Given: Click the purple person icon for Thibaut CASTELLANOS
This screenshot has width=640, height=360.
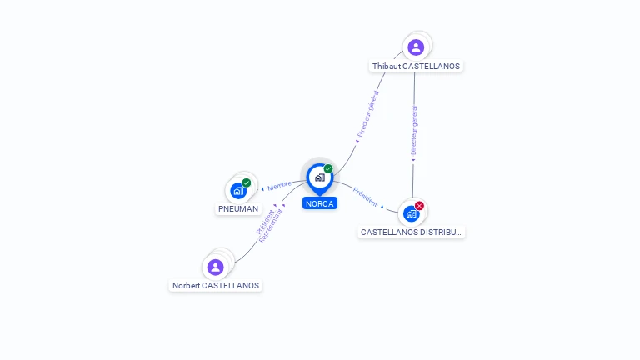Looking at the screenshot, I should tap(416, 47).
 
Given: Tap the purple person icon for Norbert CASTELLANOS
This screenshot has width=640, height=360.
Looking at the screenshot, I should tap(216, 267).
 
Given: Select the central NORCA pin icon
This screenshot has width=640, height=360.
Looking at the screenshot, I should tap(319, 177).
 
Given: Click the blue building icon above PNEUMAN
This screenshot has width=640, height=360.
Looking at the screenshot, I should tap(238, 190).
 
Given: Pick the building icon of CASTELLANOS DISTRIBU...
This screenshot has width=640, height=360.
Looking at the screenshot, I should tap(411, 213).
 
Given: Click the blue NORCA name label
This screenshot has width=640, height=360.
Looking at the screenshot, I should tap(320, 203).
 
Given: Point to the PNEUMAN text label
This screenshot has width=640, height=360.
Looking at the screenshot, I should tap(238, 209).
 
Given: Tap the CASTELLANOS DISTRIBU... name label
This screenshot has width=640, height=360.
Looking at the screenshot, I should tap(411, 232).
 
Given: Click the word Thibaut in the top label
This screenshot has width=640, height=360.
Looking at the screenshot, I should tap(387, 67).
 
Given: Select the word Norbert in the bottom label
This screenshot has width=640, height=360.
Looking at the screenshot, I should tap(186, 286).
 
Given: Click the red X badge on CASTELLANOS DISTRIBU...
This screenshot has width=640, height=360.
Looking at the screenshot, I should tap(419, 205).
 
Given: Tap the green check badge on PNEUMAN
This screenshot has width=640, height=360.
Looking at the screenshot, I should tap(247, 182).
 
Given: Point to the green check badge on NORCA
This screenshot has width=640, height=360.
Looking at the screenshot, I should tap(328, 168).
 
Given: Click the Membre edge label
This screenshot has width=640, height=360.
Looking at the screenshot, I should tap(279, 186).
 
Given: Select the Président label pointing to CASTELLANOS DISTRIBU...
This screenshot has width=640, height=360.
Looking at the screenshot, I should tap(365, 197).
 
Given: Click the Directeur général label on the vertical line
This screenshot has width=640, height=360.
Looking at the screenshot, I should tap(414, 131).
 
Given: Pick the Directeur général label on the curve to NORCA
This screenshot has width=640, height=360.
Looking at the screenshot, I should tap(368, 115).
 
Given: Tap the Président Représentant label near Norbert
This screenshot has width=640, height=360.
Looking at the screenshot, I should tap(270, 224).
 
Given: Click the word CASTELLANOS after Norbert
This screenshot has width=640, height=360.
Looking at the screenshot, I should tap(230, 286).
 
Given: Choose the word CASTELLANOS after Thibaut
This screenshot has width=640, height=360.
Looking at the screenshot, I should tap(431, 67).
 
